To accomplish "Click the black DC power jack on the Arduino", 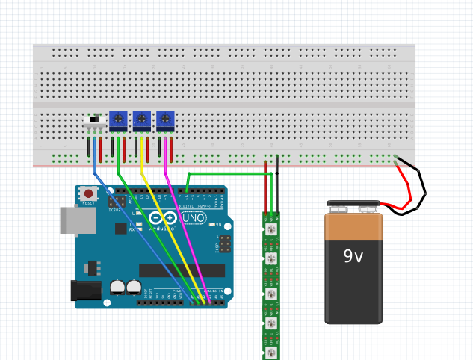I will coord(85,291).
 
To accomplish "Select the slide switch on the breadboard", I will coord(94,120).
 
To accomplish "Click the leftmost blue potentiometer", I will coord(118,119).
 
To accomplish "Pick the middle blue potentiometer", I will coord(141,119).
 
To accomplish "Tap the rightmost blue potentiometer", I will coord(165,119).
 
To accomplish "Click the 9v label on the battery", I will coord(353,256).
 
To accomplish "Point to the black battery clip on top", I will coord(353,205).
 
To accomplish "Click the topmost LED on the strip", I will coord(271,229).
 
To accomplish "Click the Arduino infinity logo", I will coord(164,219).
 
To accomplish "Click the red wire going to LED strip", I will coord(265,190).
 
